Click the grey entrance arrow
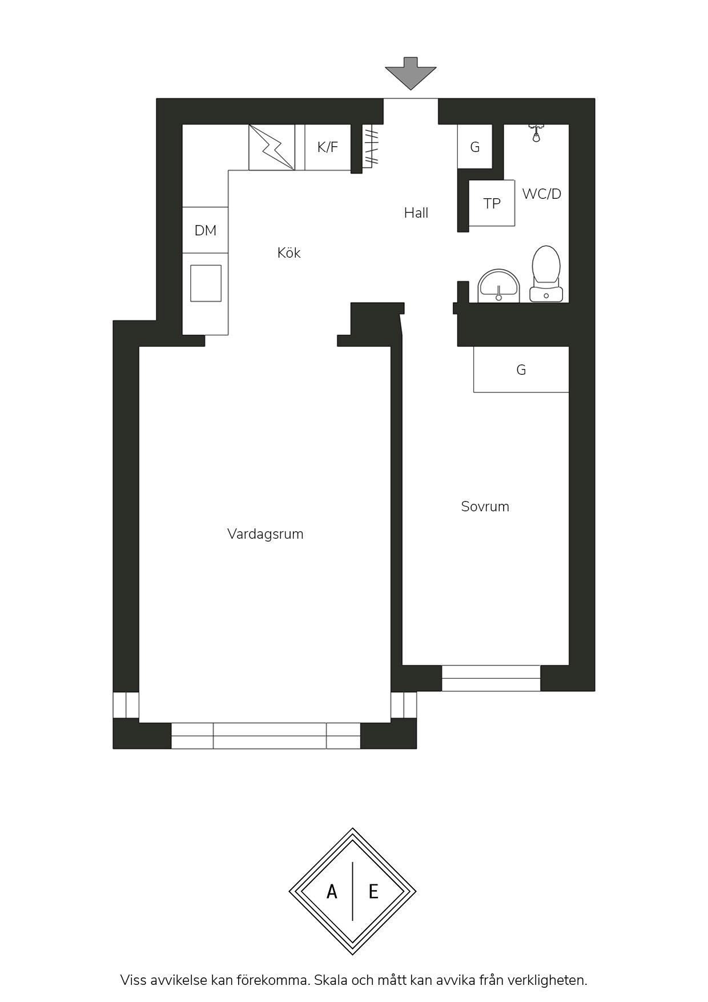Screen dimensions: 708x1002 [411, 73]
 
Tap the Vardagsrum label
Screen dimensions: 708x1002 [265, 535]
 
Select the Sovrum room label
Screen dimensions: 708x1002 [485, 507]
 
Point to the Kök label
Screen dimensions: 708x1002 [289, 252]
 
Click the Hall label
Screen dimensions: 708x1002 [416, 213]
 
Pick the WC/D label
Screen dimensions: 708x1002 [542, 194]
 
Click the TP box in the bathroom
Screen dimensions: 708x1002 [492, 203]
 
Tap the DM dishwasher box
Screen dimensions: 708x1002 [206, 230]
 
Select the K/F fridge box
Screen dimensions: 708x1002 [328, 147]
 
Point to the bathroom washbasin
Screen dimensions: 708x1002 [499, 286]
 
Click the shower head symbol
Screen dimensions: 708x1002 [536, 133]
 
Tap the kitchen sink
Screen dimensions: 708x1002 [206, 283]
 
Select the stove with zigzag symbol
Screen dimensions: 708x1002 [272, 147]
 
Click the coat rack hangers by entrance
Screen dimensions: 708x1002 [371, 147]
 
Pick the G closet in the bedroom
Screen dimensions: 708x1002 [521, 370]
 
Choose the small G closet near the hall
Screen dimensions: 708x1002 [475, 147]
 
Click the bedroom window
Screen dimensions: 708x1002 [491, 678]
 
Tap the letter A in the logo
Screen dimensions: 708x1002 [332, 891]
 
